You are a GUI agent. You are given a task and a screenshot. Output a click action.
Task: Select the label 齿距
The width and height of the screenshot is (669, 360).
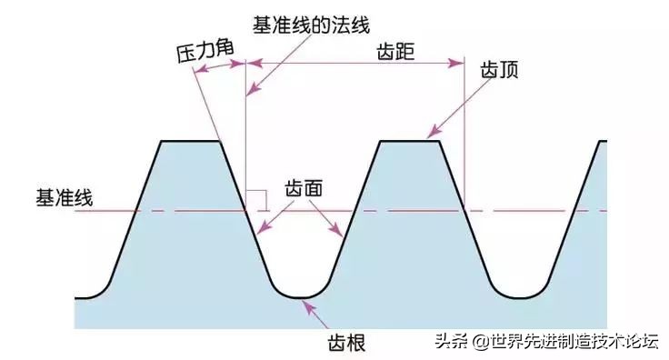(x=395, y=52)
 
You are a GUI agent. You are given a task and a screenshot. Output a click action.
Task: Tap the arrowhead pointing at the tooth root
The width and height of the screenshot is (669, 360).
(x=309, y=305)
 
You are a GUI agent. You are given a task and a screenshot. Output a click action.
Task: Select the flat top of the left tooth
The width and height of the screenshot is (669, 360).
(x=191, y=141)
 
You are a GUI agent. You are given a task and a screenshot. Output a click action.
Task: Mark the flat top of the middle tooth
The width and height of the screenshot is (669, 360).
(x=409, y=141)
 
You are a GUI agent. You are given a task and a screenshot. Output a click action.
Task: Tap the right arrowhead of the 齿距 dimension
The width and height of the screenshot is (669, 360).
(x=458, y=64)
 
